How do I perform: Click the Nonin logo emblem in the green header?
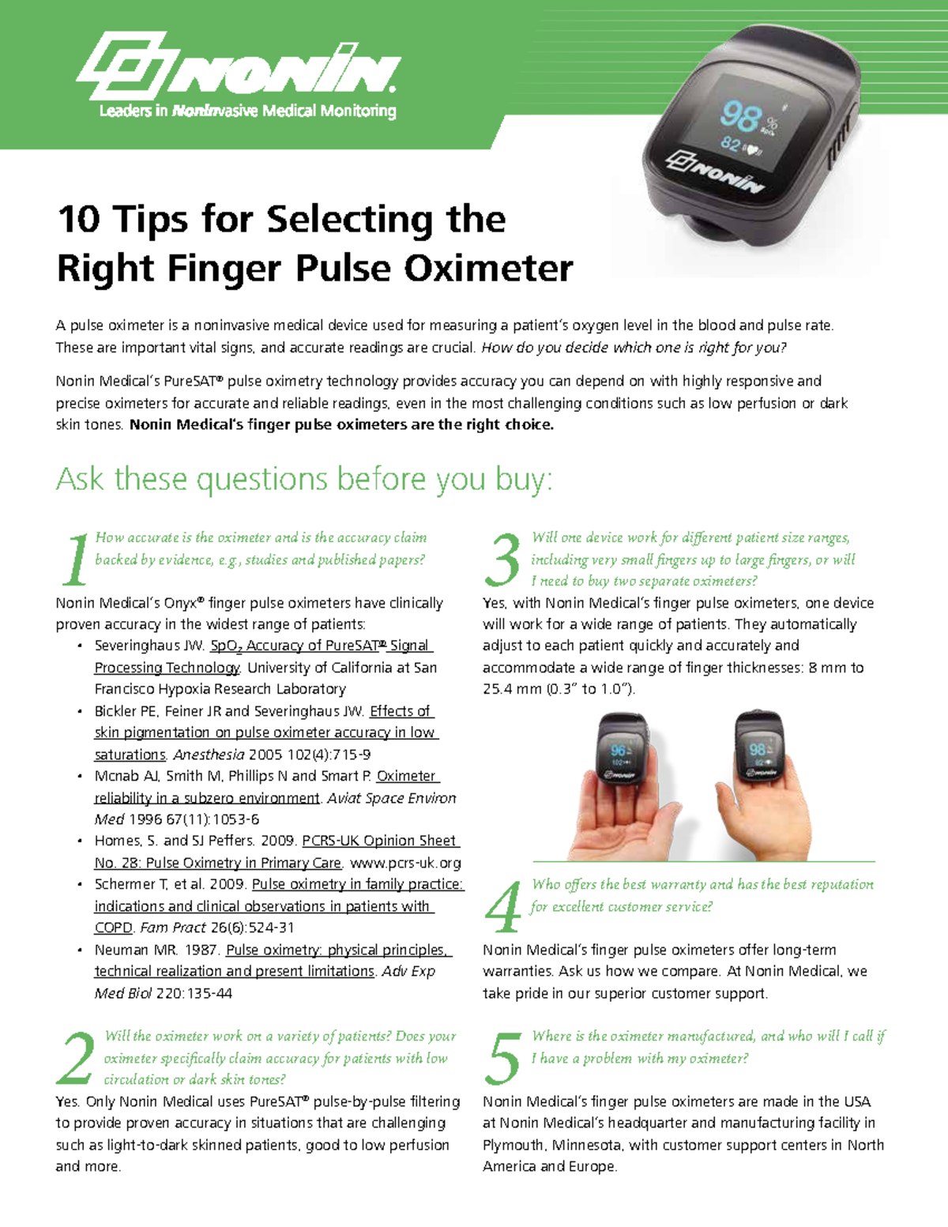point(123,65)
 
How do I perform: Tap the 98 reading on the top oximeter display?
point(739,117)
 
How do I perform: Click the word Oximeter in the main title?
point(489,269)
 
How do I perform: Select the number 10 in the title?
point(79,219)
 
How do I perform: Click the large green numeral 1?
point(75,559)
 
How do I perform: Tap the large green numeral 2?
point(77,1058)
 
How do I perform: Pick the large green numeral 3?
point(502,559)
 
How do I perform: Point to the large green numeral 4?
point(502,906)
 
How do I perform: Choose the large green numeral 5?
point(502,1058)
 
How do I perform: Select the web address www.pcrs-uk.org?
point(405,863)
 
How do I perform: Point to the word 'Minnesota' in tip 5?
point(585,1145)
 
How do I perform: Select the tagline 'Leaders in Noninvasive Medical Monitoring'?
point(247,111)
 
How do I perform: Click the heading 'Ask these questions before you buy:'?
point(304,480)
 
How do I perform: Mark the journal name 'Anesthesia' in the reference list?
point(209,755)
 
